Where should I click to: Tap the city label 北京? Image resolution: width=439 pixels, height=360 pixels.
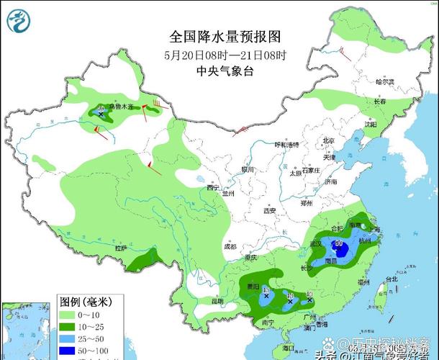pos(329,141)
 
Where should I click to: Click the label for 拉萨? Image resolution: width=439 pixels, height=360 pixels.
pos(120,248)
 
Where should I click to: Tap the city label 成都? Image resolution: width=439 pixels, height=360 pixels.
pos(230,246)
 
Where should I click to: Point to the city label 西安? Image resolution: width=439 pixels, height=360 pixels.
pos(270,211)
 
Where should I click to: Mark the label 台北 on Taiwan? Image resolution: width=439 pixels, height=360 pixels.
pos(392,279)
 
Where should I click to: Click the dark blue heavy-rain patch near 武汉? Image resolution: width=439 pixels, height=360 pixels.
pos(341,251)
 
